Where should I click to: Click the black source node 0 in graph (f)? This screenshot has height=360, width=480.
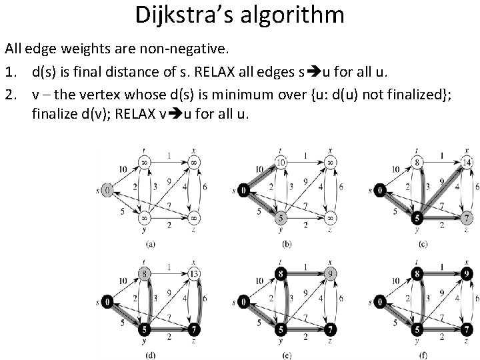tap(379, 301)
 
